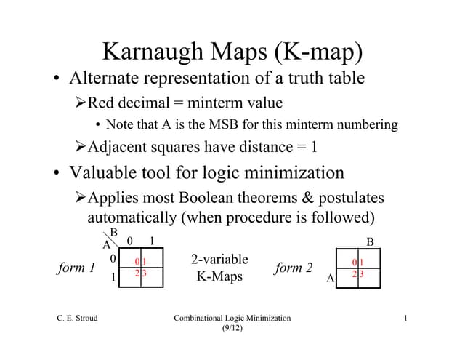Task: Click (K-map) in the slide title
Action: point(317,52)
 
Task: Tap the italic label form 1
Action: point(76,268)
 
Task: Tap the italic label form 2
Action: point(294,268)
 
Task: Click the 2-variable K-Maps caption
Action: point(219,268)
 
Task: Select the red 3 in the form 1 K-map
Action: point(145,273)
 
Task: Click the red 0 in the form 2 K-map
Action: point(354,262)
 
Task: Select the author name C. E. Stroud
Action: point(77,318)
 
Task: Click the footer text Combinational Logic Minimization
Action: point(232,318)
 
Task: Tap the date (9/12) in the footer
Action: point(232,329)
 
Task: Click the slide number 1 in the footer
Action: point(405,318)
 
